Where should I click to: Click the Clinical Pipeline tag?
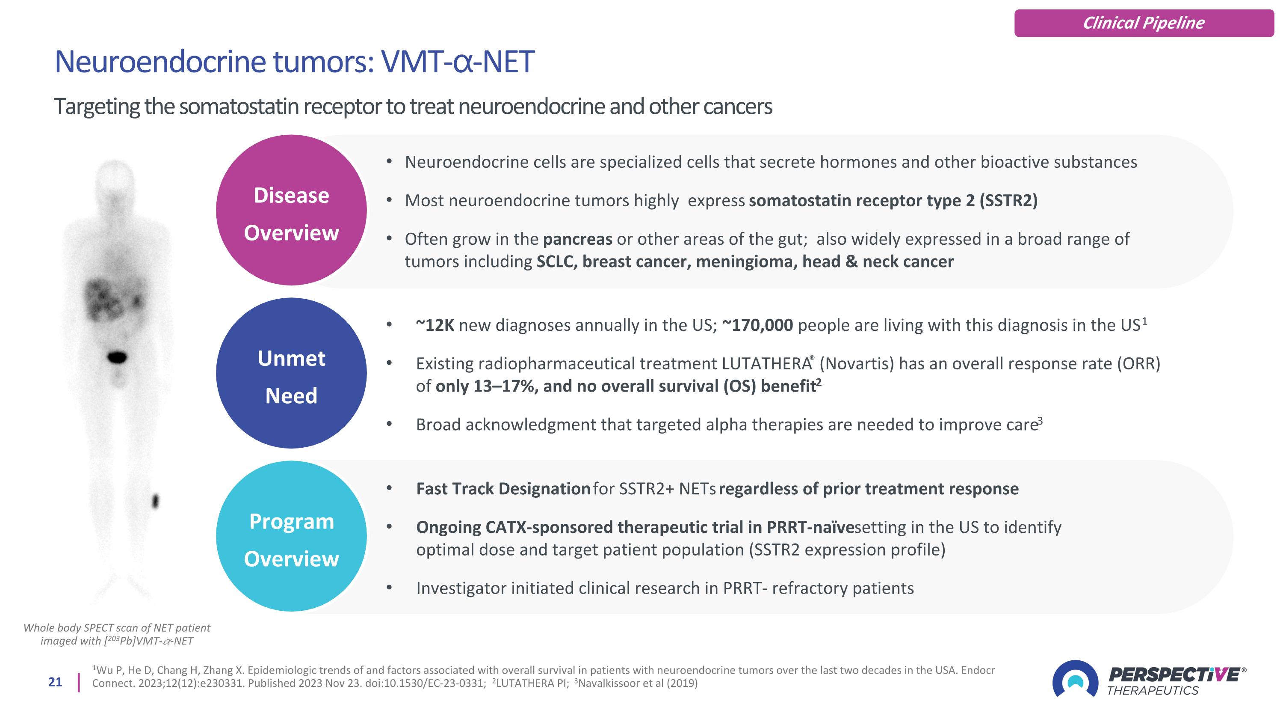point(1144,23)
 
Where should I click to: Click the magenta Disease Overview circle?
point(291,210)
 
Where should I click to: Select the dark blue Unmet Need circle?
point(291,373)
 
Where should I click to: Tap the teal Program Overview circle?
point(291,536)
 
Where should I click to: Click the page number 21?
point(55,682)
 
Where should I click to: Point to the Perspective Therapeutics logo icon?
point(1075,679)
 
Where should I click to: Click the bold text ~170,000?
point(757,325)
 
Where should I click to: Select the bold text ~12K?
point(435,325)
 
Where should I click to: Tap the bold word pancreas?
point(577,239)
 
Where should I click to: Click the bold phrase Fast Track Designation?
point(503,489)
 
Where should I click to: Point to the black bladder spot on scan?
point(118,357)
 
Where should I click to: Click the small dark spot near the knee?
point(155,500)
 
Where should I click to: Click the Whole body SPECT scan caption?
point(117,634)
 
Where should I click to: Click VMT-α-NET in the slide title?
point(457,62)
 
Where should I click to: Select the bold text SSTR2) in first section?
point(1008,200)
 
